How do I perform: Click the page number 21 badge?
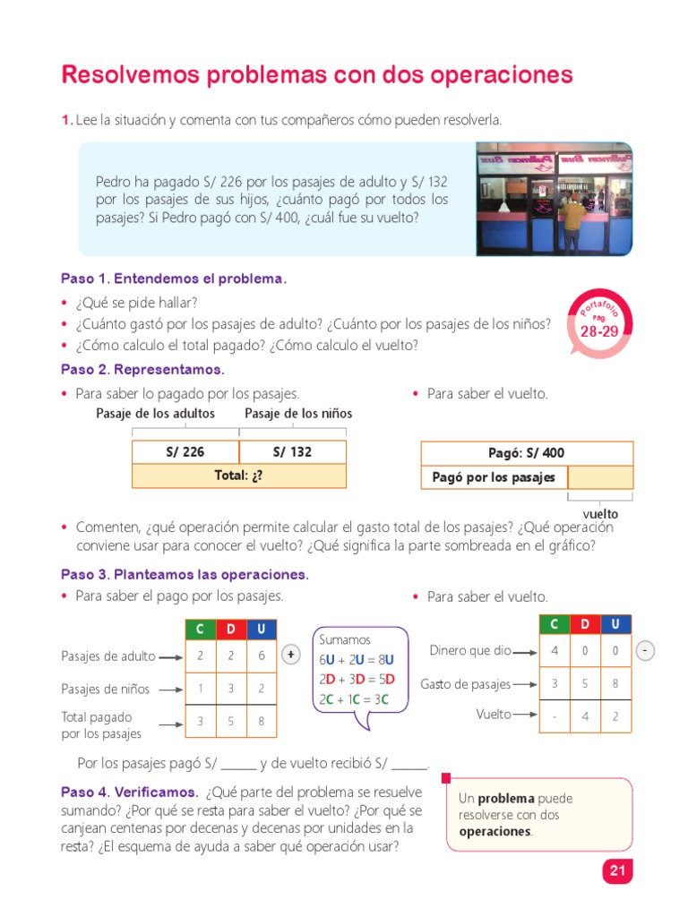[616, 870]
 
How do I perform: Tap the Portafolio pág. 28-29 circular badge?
[599, 323]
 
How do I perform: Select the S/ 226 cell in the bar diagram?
[185, 452]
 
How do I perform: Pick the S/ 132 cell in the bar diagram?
[292, 452]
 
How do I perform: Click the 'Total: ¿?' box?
[238, 476]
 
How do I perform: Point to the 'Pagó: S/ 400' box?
[527, 453]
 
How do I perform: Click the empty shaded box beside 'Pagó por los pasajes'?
[599, 477]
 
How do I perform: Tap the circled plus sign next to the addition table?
[291, 656]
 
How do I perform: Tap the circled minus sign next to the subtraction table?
[646, 651]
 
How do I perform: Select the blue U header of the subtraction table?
[615, 624]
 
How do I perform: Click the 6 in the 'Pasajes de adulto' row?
[261, 656]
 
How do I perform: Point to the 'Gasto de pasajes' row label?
[465, 684]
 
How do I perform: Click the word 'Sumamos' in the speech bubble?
[344, 639]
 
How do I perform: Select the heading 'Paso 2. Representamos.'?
[142, 369]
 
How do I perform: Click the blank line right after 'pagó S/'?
[238, 765]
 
